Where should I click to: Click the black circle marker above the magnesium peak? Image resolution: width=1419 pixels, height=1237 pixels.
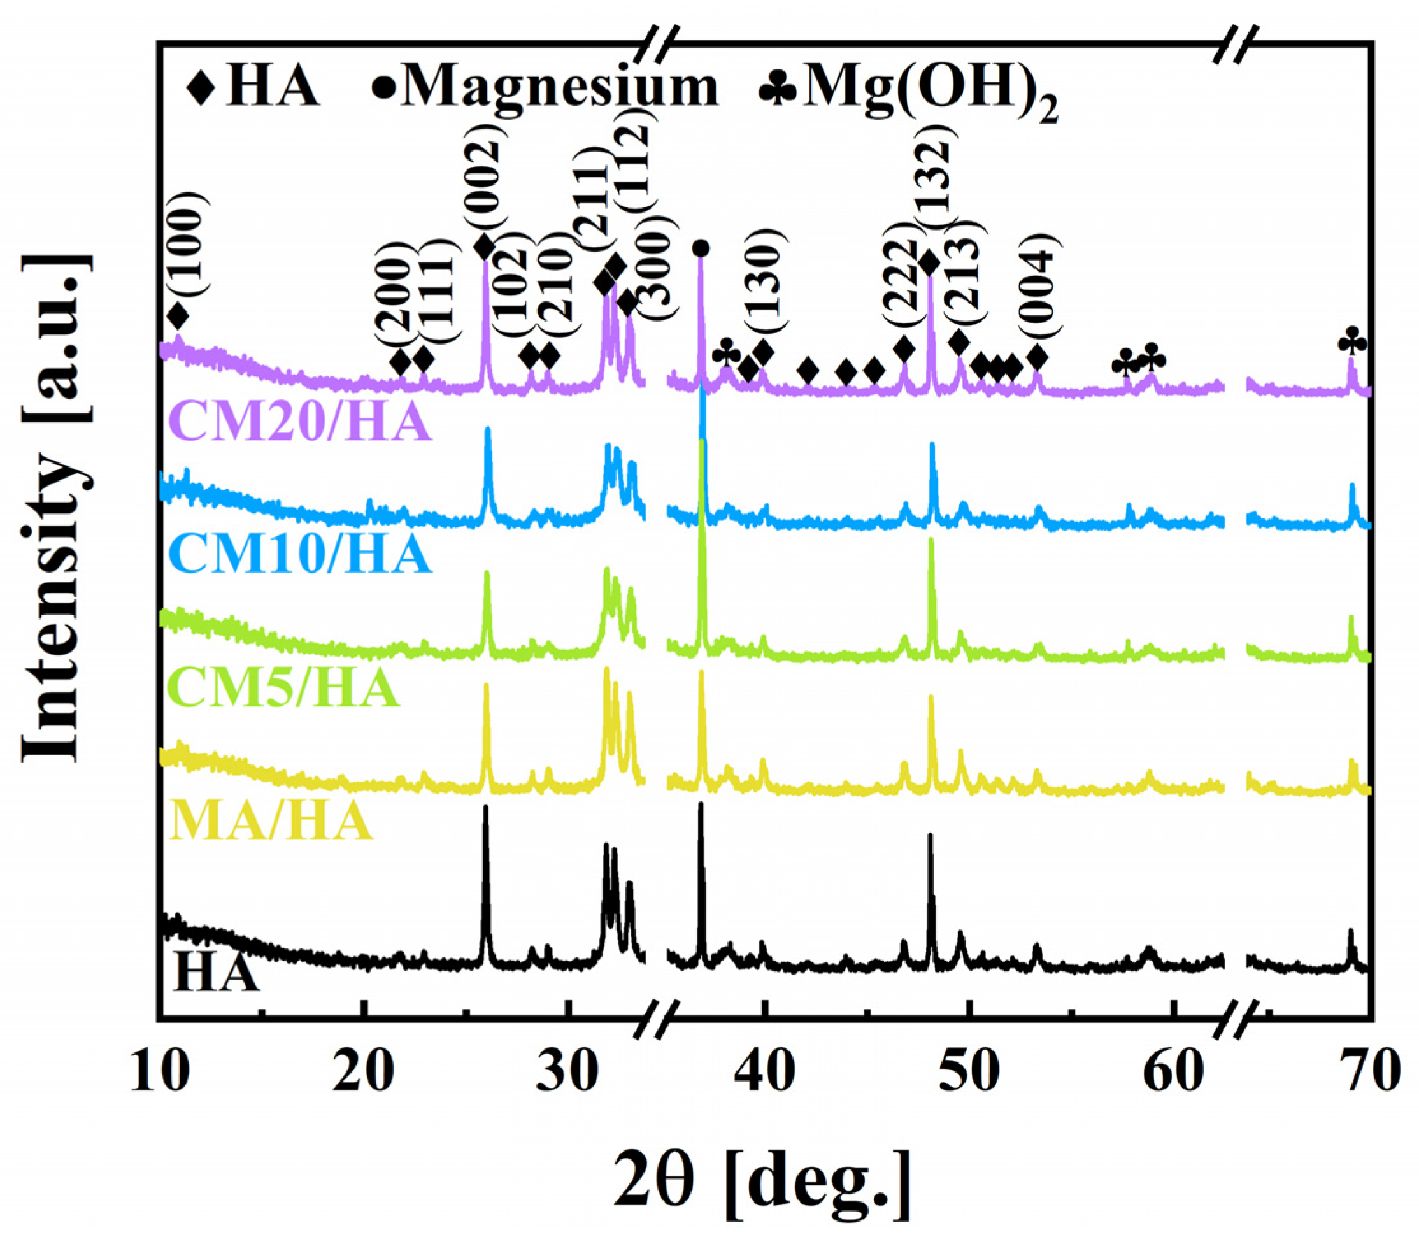pos(701,247)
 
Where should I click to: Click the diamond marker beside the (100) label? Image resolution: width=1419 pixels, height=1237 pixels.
pos(178,316)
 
